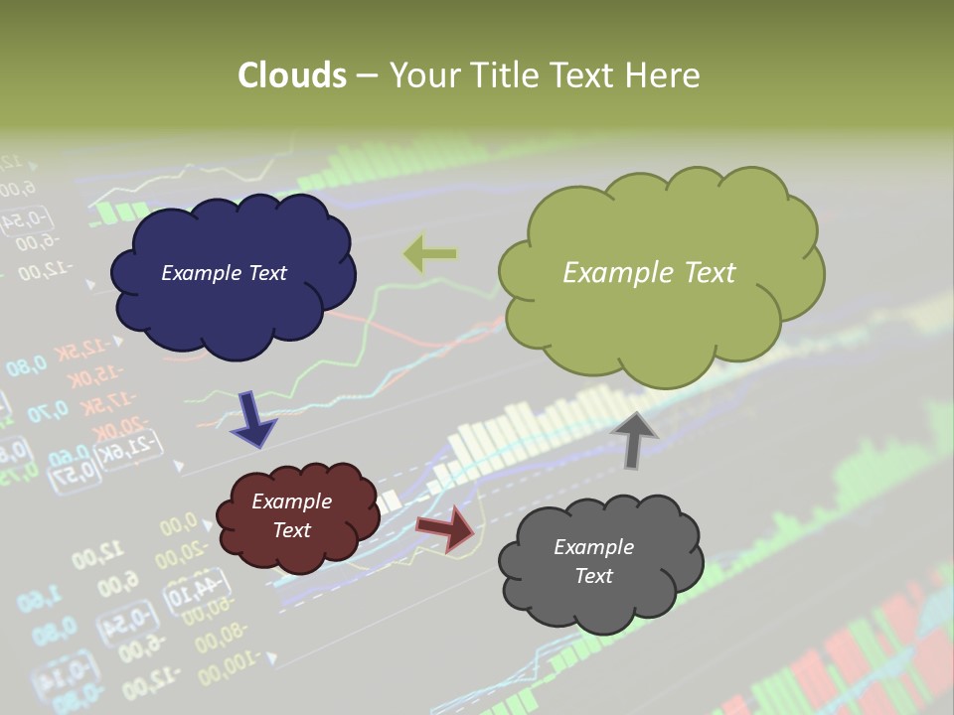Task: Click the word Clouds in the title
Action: click(292, 75)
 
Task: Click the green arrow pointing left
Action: click(430, 254)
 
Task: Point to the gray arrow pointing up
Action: click(634, 439)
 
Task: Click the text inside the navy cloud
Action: click(224, 273)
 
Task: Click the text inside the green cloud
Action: click(649, 273)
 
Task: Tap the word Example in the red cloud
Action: click(291, 502)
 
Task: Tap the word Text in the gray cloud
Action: click(593, 576)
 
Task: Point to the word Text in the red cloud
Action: click(291, 530)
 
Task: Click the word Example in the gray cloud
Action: click(593, 547)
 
